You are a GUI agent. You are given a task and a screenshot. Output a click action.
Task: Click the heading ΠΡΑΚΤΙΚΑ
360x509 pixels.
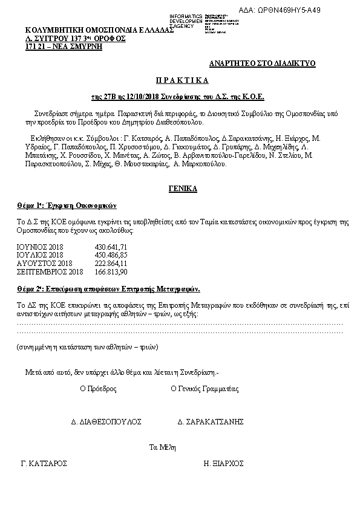[180, 80]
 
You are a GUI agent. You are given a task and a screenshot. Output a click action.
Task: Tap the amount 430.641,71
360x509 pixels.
[111, 248]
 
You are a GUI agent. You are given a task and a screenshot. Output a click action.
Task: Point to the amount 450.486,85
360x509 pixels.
[111, 256]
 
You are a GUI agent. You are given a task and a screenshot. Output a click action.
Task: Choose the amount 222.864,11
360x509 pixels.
[111, 264]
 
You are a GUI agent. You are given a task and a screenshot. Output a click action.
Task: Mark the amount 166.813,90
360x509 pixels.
[111, 271]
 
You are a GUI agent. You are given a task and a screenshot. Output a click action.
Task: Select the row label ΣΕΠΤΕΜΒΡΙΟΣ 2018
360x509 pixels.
[50, 271]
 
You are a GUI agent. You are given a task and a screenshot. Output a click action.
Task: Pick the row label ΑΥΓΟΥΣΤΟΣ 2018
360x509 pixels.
[44, 264]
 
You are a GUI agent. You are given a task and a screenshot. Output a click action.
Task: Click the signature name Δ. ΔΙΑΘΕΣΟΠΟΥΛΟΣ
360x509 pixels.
[106, 421]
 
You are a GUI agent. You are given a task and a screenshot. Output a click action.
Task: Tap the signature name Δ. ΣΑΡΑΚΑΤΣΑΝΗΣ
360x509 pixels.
[211, 421]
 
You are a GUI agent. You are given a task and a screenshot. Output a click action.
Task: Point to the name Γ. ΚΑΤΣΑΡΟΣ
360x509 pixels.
[44, 464]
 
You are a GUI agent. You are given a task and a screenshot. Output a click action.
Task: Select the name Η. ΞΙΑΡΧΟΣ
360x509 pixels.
[224, 464]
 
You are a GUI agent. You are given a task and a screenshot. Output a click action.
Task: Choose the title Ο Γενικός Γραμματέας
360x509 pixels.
[205, 389]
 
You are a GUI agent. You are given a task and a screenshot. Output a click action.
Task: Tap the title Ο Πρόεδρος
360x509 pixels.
[99, 389]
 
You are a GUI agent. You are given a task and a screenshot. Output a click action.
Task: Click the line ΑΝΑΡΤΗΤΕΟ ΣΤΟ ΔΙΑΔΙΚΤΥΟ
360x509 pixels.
[263, 63]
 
